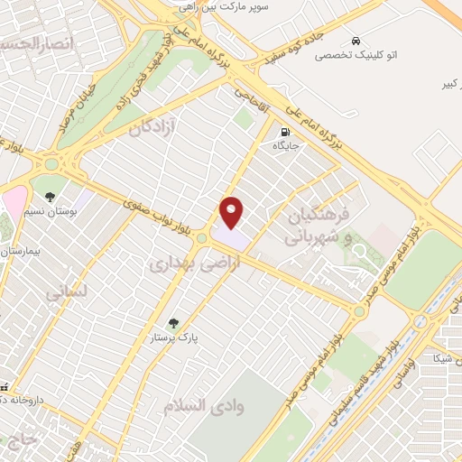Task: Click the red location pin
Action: point(232,211)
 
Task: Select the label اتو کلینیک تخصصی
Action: point(354,56)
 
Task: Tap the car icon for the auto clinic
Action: point(357,41)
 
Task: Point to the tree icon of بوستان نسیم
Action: point(50,196)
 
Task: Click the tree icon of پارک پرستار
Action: point(172,321)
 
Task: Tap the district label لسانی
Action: point(69,293)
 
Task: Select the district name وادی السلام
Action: point(204,406)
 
